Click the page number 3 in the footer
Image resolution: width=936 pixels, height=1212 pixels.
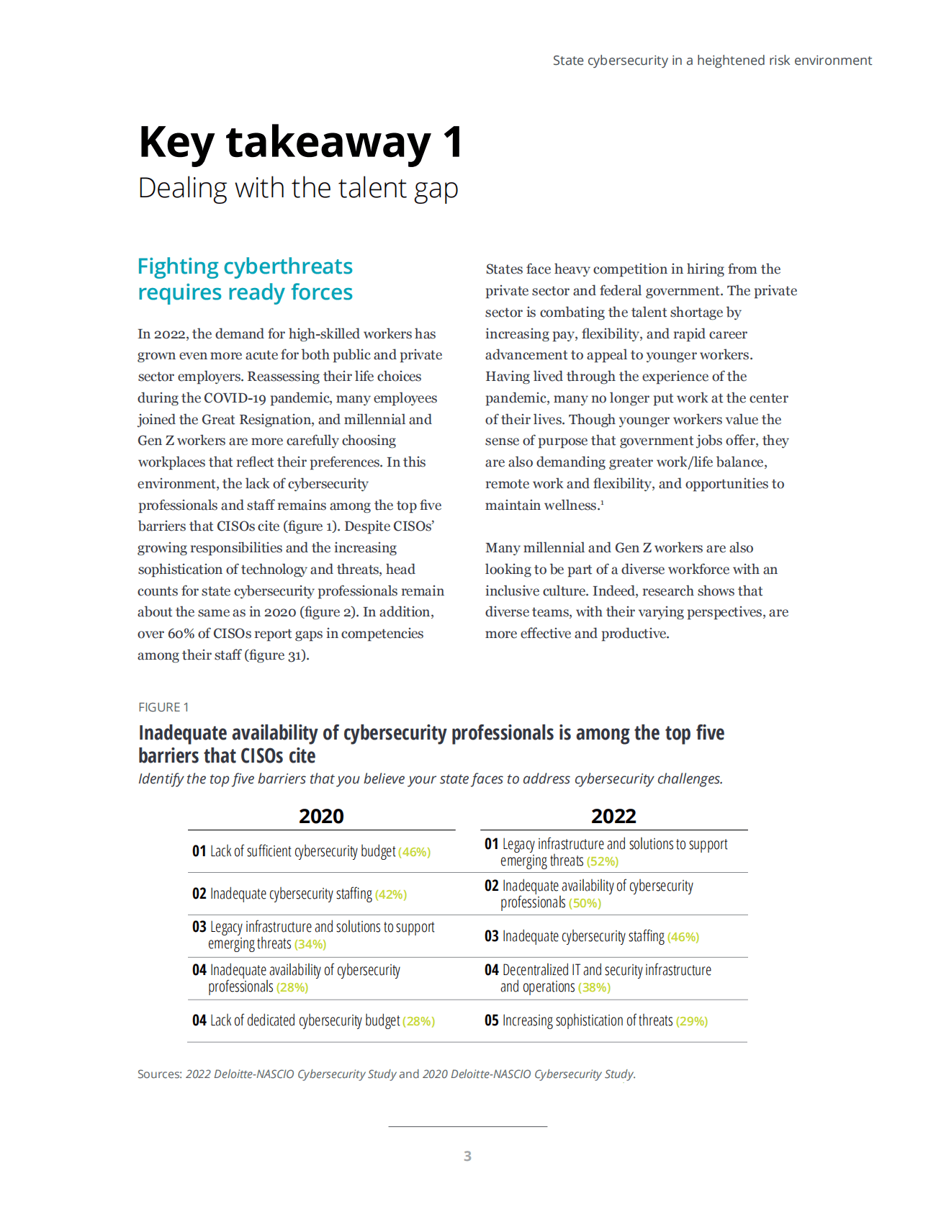(x=467, y=1156)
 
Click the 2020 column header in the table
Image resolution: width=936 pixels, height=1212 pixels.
(x=321, y=816)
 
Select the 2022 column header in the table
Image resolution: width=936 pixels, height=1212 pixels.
(x=613, y=816)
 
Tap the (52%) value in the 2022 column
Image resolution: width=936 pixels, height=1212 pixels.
(x=603, y=861)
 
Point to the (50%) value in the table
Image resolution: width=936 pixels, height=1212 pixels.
(x=585, y=903)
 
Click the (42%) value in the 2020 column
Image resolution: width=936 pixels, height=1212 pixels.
(x=391, y=894)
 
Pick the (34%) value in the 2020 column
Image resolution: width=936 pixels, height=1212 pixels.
(x=310, y=944)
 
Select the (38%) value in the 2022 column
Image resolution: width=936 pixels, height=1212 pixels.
(x=594, y=987)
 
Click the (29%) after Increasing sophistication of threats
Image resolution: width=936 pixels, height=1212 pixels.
(x=692, y=1021)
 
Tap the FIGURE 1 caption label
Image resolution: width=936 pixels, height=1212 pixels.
(x=163, y=707)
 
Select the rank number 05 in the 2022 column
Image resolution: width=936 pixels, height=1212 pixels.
(x=492, y=1020)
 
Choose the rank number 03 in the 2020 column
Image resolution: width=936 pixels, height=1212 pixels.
(x=199, y=927)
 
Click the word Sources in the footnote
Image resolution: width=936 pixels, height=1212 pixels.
(x=159, y=1074)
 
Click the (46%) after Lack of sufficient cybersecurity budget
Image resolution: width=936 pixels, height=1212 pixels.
(x=415, y=852)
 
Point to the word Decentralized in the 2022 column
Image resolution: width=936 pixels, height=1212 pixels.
(x=535, y=970)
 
